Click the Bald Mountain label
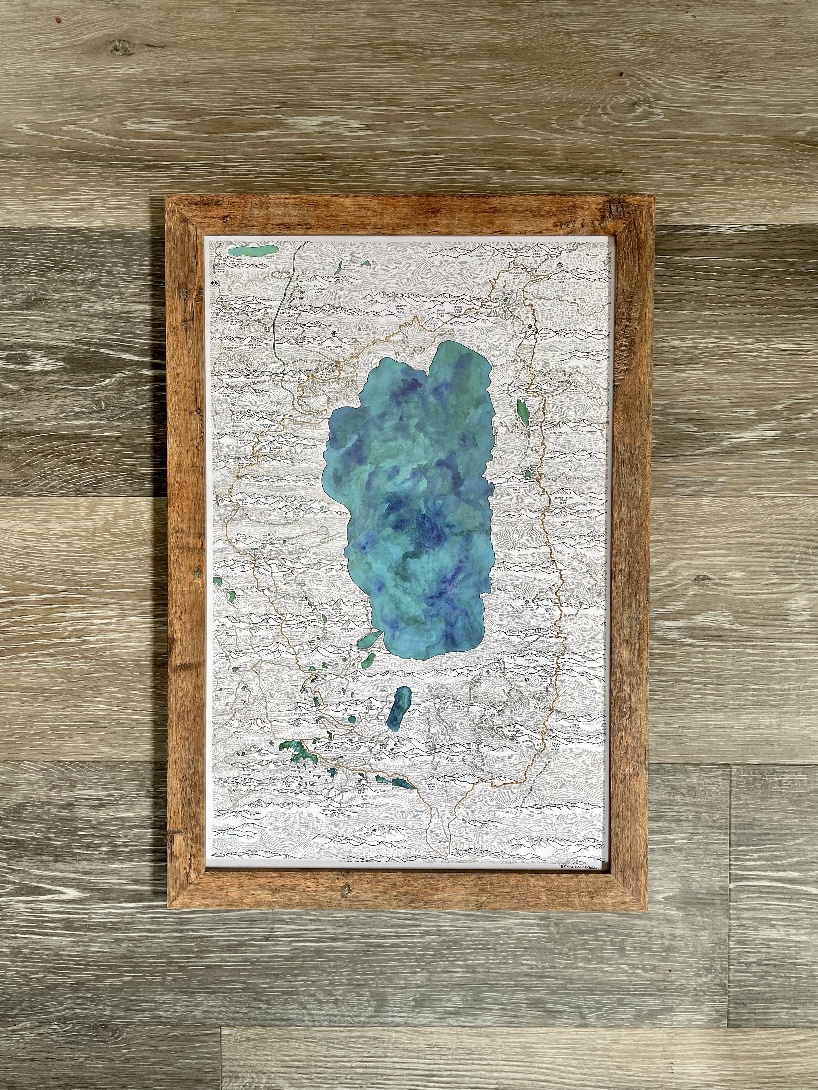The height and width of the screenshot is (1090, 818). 323,288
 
